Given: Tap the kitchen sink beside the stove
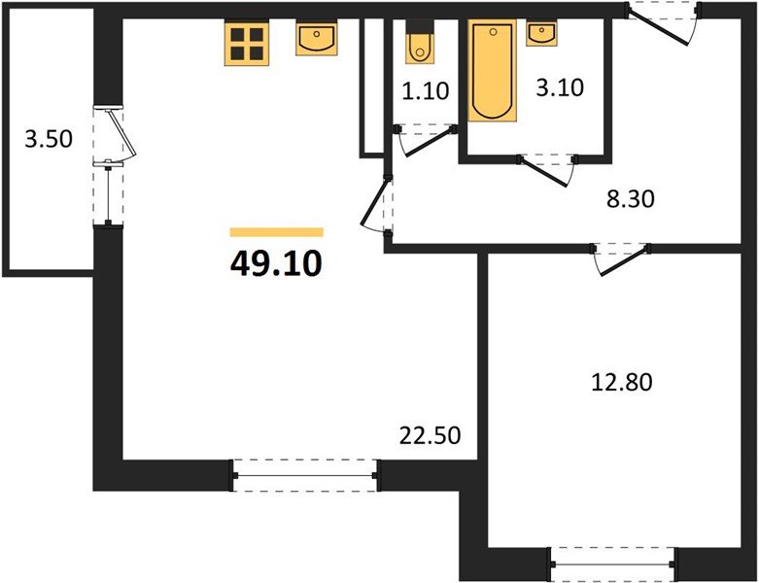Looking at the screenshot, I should (317, 40).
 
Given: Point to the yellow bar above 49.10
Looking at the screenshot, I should (276, 232).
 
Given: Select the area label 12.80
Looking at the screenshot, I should (622, 382).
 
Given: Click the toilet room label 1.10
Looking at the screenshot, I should (426, 92).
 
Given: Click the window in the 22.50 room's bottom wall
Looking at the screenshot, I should (305, 476).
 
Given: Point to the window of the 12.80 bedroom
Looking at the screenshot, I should (612, 561).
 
